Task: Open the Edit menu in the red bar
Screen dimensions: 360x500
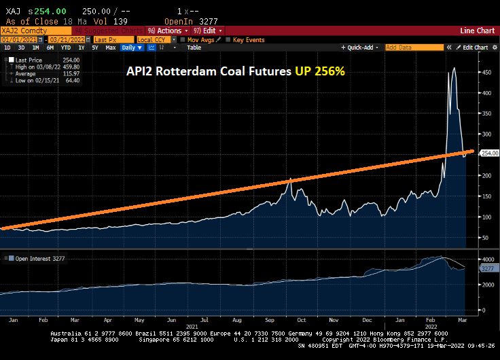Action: point(209,31)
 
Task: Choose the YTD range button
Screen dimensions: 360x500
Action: point(66,48)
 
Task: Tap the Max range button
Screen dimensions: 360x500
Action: point(111,48)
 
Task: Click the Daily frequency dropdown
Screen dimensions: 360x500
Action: point(129,48)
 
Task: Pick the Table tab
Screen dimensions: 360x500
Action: point(194,48)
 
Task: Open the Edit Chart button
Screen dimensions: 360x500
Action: point(474,48)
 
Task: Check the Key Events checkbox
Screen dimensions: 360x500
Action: point(228,39)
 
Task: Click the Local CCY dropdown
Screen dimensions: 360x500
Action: point(155,39)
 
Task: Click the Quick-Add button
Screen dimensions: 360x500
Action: point(361,48)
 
